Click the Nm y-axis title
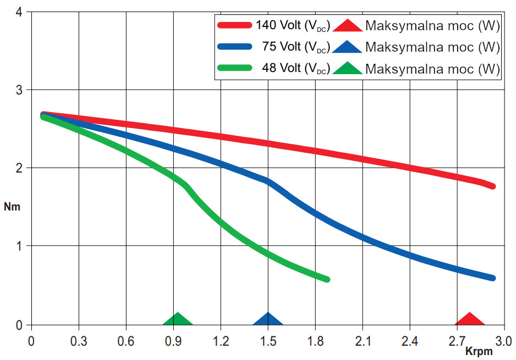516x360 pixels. [x=12, y=207]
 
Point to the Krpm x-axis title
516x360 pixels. [x=479, y=351]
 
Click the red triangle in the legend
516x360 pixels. [x=347, y=25]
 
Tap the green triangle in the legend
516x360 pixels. [x=347, y=68]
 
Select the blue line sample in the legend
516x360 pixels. [x=235, y=47]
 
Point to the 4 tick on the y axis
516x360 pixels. [x=19, y=12]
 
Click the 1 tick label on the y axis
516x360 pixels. [x=19, y=246]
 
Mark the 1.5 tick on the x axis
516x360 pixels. [x=268, y=340]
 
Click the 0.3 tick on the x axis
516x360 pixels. [x=79, y=340]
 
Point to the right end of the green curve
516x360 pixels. [x=327, y=279]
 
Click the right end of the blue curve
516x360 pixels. [x=492, y=278]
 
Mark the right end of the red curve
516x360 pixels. [x=492, y=187]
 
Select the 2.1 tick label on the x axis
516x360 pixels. [x=363, y=340]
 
